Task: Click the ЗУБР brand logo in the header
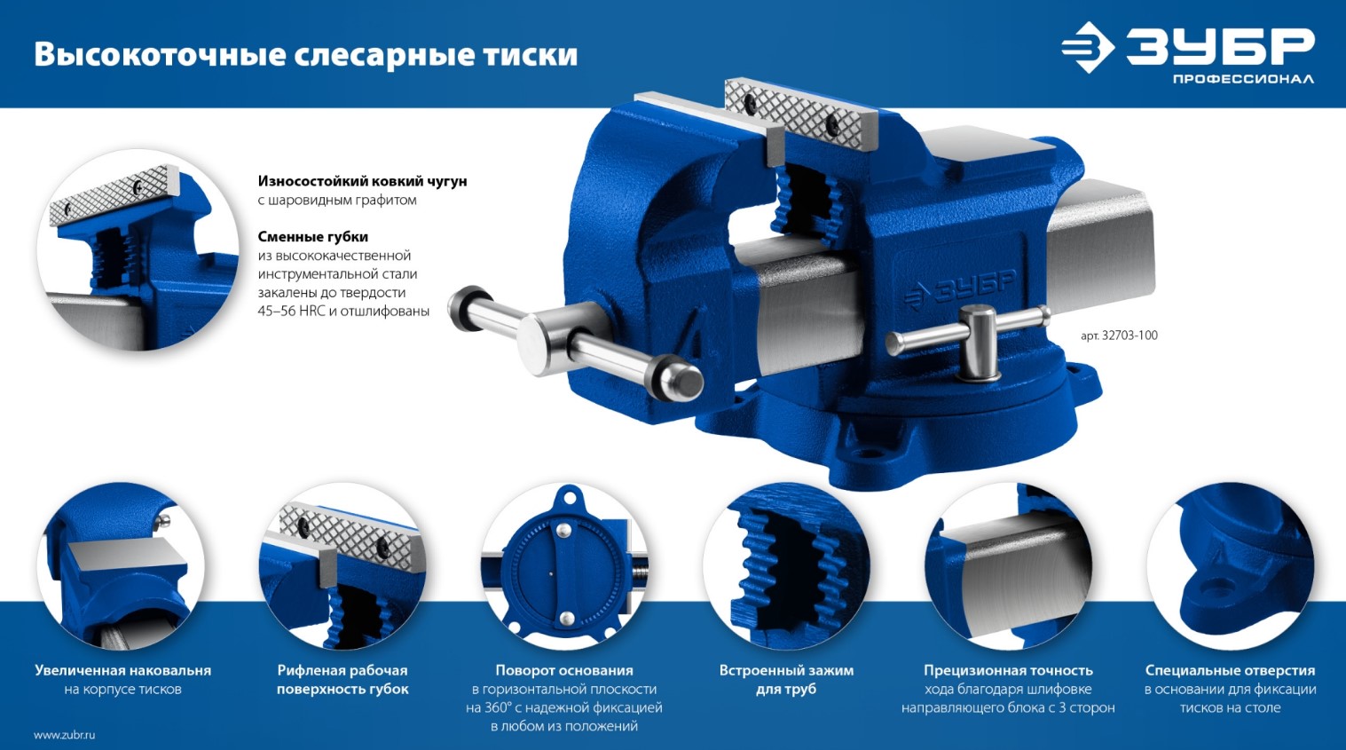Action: point(1188,47)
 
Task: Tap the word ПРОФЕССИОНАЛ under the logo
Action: point(1243,79)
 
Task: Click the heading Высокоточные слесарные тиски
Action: point(306,54)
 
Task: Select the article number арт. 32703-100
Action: point(1119,336)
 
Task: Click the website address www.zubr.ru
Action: point(64,735)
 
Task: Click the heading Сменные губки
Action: point(312,237)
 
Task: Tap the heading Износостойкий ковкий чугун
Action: point(362,181)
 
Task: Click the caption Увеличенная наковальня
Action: point(123,671)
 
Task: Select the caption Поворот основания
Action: point(564,671)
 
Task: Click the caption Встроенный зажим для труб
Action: point(786,680)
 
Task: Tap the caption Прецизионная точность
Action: point(1008,671)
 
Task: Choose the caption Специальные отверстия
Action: point(1230,671)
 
